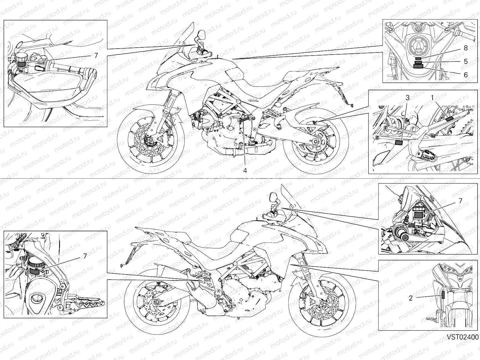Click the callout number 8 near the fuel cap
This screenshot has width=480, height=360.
pos(466,48)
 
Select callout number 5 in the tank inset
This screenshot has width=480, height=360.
pos(466,61)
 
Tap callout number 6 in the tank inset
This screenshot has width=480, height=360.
pos(466,75)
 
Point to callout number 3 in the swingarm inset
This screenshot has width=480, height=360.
pos(407,98)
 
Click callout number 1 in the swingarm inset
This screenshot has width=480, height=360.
pos(432,98)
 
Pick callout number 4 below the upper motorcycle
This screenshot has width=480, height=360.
pos(245,170)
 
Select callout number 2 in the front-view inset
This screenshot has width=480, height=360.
pos(411,298)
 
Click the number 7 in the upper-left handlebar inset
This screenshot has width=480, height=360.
pos(96,55)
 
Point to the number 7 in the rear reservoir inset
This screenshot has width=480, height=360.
pos(85,256)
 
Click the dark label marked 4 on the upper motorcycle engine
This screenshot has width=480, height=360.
pos(244,120)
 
